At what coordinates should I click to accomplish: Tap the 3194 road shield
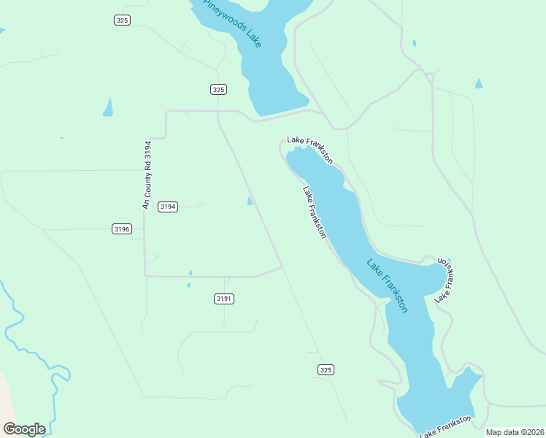tap(168, 207)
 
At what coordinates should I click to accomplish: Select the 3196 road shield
tap(122, 229)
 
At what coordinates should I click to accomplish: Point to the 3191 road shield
tap(224, 299)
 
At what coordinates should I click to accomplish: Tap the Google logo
tap(24, 429)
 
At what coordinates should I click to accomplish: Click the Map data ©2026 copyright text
tap(515, 432)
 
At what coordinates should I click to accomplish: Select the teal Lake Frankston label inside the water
tap(387, 285)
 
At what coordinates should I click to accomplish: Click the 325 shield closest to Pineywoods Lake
tap(218, 89)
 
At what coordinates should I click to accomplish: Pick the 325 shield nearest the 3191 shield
tap(326, 370)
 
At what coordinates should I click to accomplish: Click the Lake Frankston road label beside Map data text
tap(445, 427)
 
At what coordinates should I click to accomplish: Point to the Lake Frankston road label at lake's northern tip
tap(310, 149)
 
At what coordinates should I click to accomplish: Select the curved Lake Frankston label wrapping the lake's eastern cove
tap(447, 280)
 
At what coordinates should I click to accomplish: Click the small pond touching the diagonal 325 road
tap(250, 201)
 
